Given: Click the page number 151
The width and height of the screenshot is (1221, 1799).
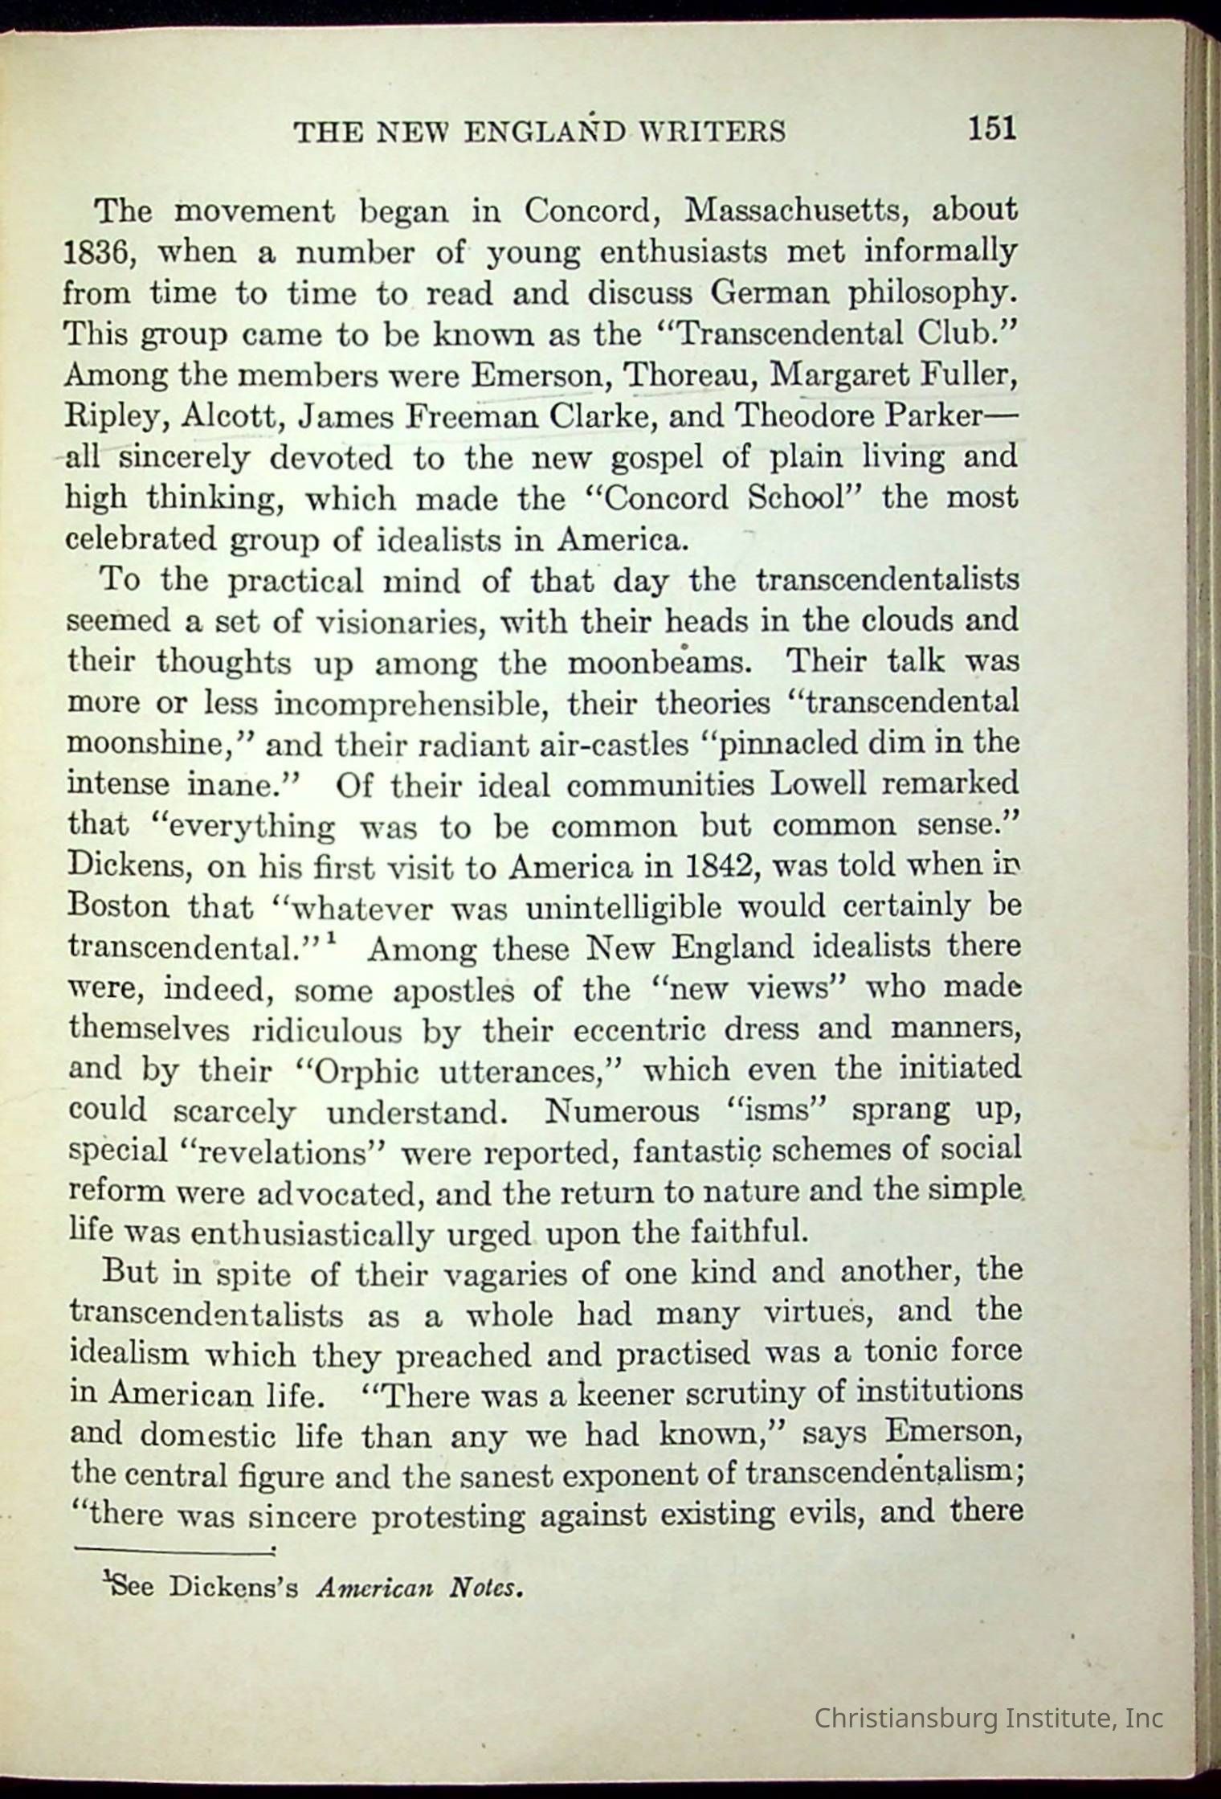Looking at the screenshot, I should (x=992, y=129).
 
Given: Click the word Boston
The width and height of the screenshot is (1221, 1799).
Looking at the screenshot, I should (x=119, y=908).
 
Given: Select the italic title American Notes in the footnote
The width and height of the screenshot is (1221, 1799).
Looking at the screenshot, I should (x=421, y=1588).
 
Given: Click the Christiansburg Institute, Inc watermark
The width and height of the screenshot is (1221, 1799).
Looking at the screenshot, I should (x=989, y=1719).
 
